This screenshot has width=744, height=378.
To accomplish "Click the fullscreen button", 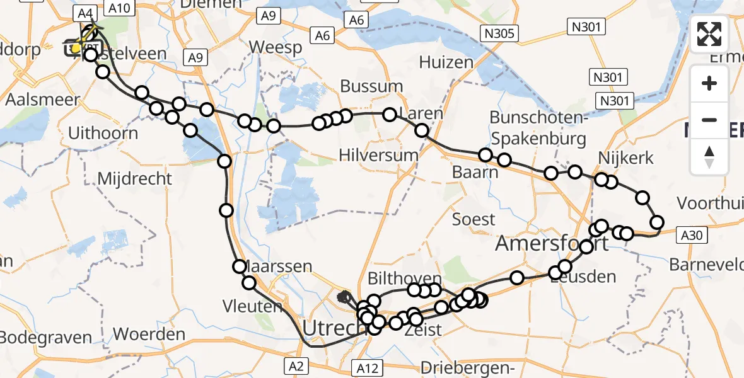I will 709,34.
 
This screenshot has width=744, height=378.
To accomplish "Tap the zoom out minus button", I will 709,120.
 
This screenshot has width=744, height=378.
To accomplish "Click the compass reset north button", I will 709,156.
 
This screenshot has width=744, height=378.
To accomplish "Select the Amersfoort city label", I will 552,243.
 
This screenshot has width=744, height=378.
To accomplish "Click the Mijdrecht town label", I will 134,179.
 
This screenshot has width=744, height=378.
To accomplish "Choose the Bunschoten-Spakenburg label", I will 538,128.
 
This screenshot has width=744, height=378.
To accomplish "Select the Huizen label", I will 445,62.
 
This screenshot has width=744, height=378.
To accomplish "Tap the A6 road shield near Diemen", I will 323,36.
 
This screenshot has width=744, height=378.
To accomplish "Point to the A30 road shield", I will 690,236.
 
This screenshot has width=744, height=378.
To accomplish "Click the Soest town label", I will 474,219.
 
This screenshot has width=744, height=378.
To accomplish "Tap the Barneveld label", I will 706,265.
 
